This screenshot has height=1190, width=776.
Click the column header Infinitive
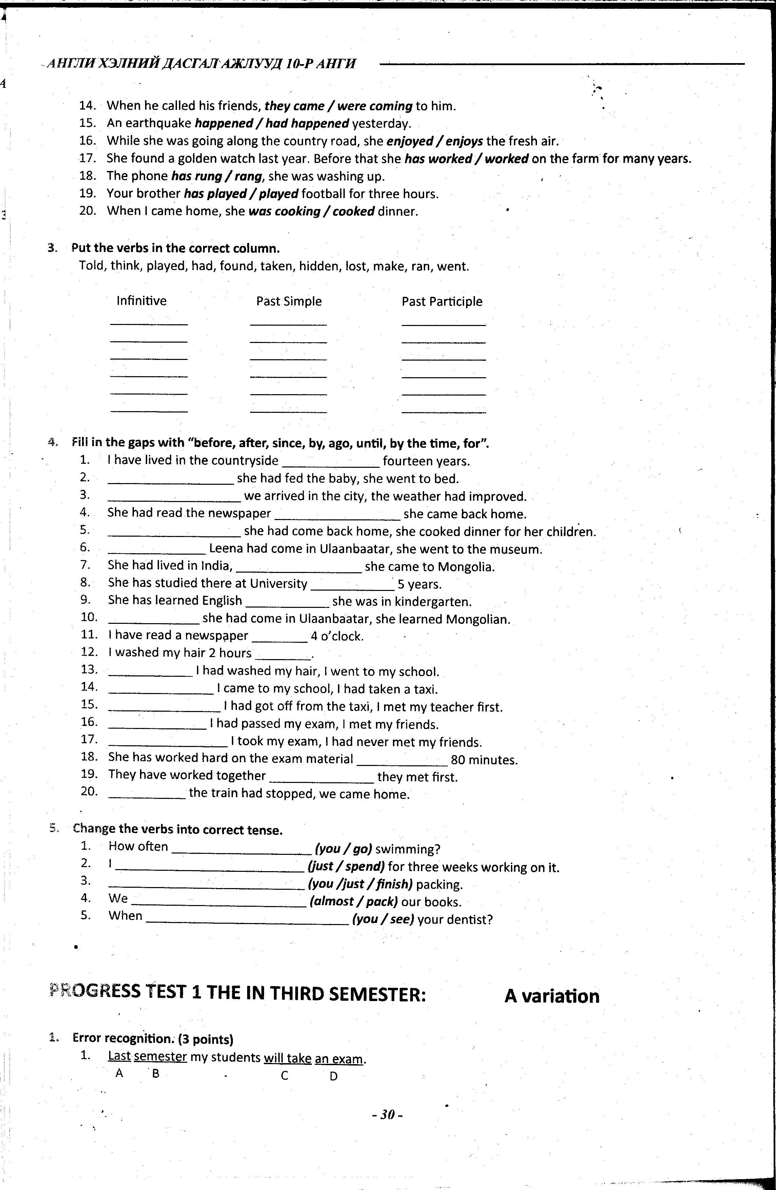(x=141, y=301)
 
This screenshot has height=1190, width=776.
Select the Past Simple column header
(x=289, y=301)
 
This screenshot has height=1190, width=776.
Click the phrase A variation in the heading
(x=551, y=996)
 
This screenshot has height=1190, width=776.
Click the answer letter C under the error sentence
(x=284, y=1076)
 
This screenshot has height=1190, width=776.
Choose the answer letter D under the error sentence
(x=334, y=1076)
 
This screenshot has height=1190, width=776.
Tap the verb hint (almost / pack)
(x=354, y=902)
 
